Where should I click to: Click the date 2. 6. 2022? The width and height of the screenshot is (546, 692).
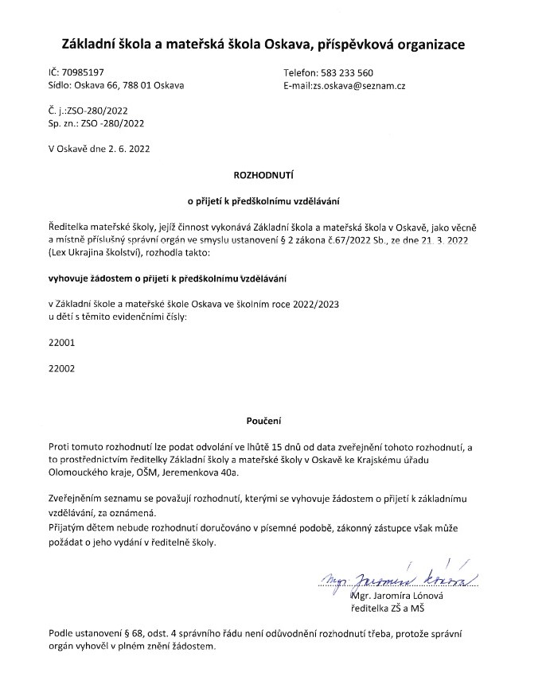pyautogui.click(x=127, y=148)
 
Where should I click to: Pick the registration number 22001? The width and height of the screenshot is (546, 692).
pyautogui.click(x=61, y=344)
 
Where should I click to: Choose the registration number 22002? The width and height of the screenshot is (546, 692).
pyautogui.click(x=61, y=369)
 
